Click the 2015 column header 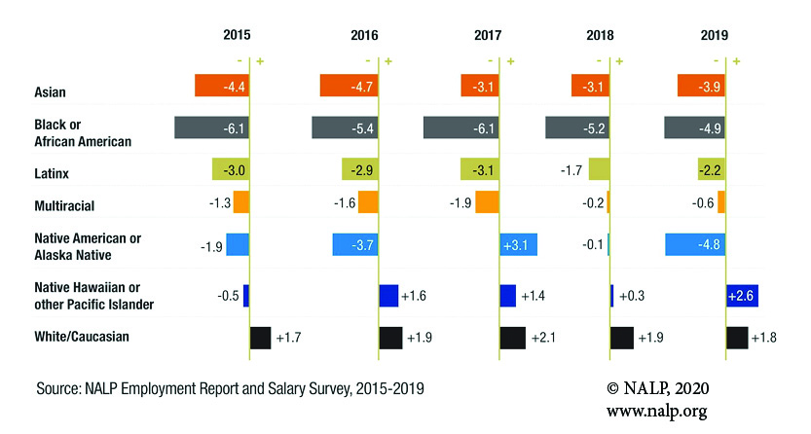click(x=237, y=35)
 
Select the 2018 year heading click(x=601, y=35)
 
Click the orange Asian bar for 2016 click(x=349, y=86)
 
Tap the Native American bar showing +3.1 click(x=518, y=243)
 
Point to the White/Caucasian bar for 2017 click(x=512, y=337)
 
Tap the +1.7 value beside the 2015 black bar click(x=290, y=338)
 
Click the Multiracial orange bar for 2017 click(x=488, y=201)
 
